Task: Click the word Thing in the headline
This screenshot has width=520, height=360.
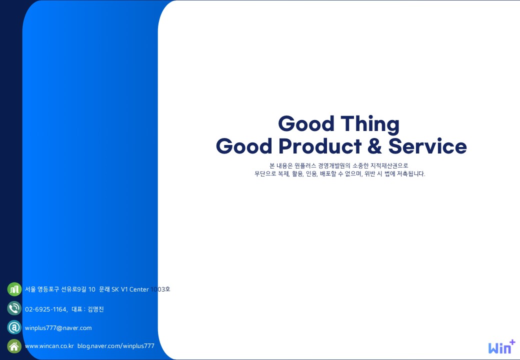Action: coord(370,124)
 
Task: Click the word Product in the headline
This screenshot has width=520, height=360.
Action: coord(319,146)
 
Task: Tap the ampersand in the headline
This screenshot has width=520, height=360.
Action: coord(374,146)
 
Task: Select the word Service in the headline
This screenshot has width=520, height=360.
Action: coord(427,146)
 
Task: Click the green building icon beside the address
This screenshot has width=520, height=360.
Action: coord(14,289)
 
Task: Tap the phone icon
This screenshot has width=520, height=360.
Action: coord(14,308)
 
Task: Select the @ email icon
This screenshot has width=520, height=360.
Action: coord(14,327)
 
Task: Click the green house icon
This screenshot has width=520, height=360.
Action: coord(14,346)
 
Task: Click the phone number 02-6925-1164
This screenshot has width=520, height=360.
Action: coord(46,309)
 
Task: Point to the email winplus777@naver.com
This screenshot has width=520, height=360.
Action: coord(58,328)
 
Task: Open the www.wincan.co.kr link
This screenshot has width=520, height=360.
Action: coord(49,345)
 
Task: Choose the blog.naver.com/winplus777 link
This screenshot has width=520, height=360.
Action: coord(116,345)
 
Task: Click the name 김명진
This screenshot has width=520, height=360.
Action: coord(96,309)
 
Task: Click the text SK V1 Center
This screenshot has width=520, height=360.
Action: coord(130,289)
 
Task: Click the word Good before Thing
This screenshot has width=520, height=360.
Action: coord(306,123)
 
